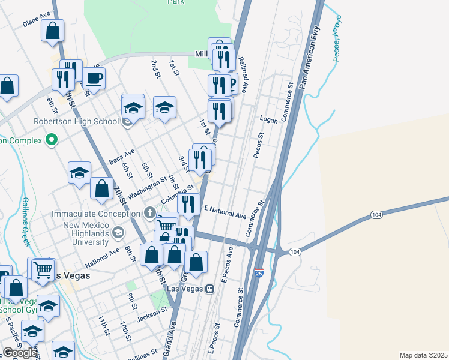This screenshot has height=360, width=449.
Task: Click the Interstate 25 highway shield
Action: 259,272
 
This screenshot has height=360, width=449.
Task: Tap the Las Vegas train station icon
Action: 209,289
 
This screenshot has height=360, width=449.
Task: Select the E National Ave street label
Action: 225,211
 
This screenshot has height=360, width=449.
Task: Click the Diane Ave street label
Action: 37,21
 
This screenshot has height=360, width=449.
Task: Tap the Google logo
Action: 20,353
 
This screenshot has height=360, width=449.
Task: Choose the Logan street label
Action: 268,120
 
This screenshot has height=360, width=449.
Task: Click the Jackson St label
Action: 151,313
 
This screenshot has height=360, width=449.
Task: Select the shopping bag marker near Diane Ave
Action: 53,30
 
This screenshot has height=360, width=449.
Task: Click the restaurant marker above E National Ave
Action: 189,204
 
